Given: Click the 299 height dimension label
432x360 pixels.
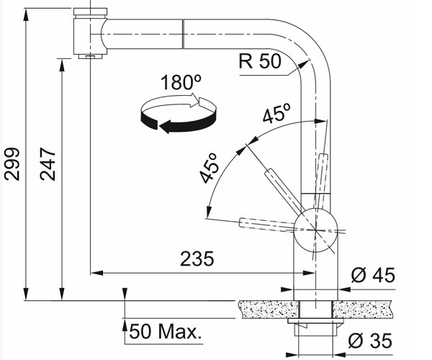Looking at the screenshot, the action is [12, 164].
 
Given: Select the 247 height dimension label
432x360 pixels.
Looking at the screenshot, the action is [48, 164].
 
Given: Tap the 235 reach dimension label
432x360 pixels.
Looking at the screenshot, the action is [197, 259].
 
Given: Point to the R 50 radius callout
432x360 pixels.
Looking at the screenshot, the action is [260, 61].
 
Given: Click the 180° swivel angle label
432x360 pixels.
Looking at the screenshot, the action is [181, 82].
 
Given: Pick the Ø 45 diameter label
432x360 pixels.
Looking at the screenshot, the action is [373, 275].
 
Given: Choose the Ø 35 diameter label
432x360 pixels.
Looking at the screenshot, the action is [370, 341].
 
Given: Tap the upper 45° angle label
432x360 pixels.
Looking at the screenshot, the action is [276, 113].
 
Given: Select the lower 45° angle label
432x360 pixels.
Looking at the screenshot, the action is [210, 168].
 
